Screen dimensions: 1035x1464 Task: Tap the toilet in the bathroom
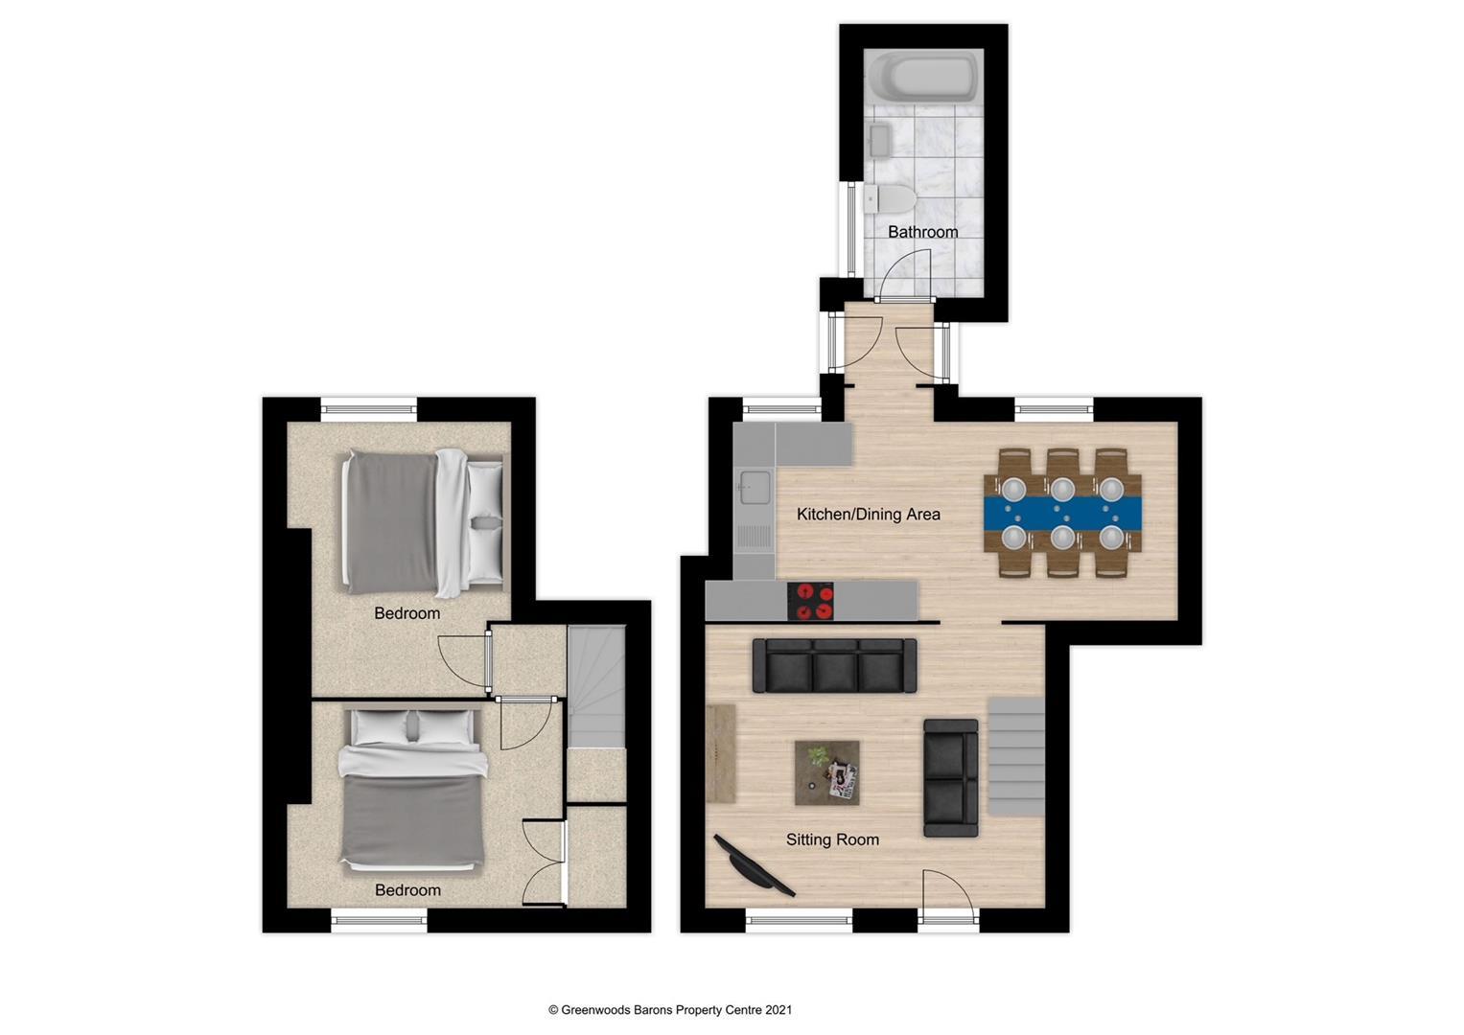892,199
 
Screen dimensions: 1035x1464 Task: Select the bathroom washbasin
879,142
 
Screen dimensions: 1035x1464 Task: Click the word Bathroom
922,232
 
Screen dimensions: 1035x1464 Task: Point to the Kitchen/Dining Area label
868,515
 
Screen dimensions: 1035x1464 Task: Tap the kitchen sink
753,489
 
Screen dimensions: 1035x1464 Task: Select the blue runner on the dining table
1062,513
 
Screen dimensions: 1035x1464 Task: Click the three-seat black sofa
834,666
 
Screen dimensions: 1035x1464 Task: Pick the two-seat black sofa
950,777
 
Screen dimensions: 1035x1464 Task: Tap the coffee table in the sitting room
826,772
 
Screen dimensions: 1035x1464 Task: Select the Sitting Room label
832,840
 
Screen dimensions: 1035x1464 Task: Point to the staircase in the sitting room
1015,756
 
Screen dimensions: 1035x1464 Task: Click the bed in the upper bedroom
422,522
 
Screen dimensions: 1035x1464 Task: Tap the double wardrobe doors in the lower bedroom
545,862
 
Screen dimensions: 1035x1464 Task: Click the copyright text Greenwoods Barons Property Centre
669,1009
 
